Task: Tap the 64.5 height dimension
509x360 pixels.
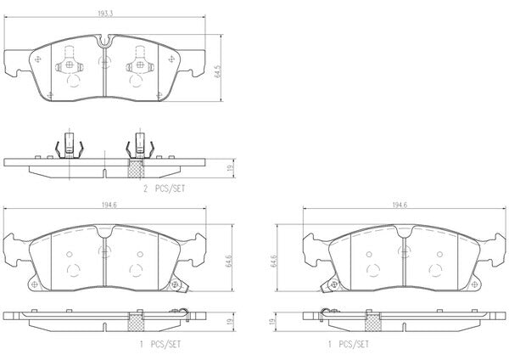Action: tap(217, 70)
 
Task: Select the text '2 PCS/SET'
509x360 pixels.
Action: tap(165, 188)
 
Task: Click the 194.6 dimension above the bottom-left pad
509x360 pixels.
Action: tap(109, 205)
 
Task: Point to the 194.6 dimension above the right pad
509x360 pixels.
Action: tap(400, 205)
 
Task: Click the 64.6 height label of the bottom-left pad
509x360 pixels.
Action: tap(228, 261)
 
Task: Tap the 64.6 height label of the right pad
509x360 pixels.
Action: tap(274, 261)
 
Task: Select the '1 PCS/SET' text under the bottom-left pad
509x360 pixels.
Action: tap(160, 344)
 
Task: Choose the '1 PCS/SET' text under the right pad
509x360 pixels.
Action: tap(349, 344)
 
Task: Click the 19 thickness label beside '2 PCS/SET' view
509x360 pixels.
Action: tap(231, 169)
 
